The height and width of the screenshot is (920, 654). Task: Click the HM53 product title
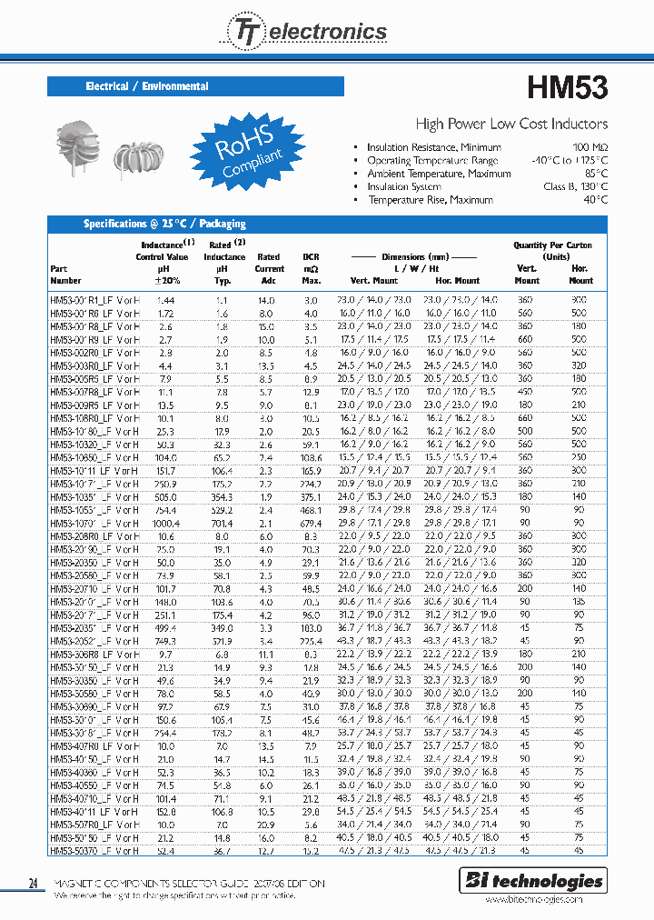pyautogui.click(x=567, y=87)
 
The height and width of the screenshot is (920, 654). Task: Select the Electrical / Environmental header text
pyautogui.click(x=147, y=86)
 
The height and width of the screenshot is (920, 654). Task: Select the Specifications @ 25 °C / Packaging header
pyautogui.click(x=164, y=224)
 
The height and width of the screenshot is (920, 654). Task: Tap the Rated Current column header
pyautogui.click(x=269, y=263)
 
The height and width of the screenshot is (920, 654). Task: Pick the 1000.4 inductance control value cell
pyautogui.click(x=166, y=525)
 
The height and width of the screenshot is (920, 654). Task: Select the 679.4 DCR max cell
pyautogui.click(x=311, y=525)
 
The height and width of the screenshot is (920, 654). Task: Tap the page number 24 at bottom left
pyautogui.click(x=35, y=883)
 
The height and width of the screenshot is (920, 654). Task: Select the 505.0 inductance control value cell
pyautogui.click(x=166, y=496)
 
